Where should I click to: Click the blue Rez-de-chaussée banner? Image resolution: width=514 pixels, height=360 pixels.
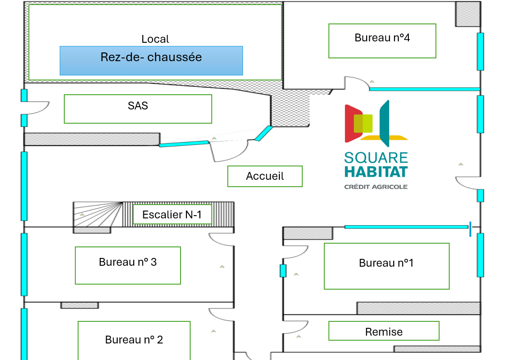point(151,60)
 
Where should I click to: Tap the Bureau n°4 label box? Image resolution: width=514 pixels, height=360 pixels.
point(382,41)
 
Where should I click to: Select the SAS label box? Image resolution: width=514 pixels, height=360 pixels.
point(138,109)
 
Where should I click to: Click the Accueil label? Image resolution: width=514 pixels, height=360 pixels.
point(265,176)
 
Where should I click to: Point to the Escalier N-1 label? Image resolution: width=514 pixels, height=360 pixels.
point(172,215)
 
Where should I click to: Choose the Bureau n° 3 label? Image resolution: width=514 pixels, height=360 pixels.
point(128,265)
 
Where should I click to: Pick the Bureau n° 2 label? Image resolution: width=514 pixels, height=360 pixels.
point(134,340)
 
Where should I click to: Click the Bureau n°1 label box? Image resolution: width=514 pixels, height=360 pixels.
point(386,266)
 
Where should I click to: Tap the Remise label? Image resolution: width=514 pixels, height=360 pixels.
point(384,331)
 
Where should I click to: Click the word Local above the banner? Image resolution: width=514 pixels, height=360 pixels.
point(155,40)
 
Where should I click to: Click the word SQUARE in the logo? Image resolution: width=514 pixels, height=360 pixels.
point(376,158)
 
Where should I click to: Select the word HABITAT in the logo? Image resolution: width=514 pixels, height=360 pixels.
point(376,172)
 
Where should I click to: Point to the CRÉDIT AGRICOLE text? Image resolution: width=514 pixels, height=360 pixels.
point(376,187)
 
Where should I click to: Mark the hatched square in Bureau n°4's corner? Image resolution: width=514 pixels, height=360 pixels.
point(468,14)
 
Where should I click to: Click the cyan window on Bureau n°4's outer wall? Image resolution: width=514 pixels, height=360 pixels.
point(480,51)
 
